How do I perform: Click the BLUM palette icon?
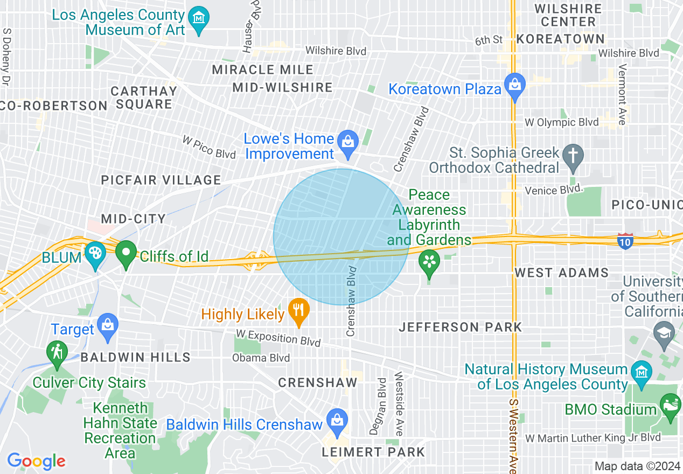pyautogui.click(x=95, y=256)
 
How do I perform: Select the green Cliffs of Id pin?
pyautogui.click(x=127, y=255)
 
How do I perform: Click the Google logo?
pyautogui.click(x=36, y=461)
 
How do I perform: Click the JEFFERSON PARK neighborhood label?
pyautogui.click(x=461, y=327)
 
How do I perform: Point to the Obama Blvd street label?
pyautogui.click(x=261, y=358)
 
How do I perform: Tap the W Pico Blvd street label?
pyautogui.click(x=209, y=147)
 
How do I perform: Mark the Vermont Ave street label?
pyautogui.click(x=622, y=94)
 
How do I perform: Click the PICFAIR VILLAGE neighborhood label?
pyautogui.click(x=161, y=180)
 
